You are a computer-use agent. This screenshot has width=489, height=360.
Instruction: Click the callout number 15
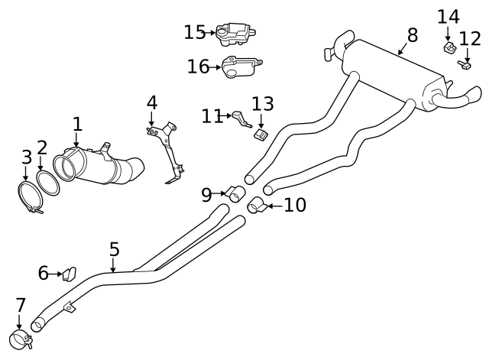[194, 32]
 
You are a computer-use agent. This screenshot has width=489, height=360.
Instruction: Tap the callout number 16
[198, 66]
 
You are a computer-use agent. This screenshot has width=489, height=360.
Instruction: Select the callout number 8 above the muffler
[413, 34]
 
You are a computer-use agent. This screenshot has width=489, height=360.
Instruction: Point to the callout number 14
[449, 16]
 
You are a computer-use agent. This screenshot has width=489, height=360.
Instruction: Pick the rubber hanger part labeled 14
[449, 49]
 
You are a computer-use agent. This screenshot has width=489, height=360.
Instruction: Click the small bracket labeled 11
[242, 118]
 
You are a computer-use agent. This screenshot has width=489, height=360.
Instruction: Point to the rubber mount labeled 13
[261, 135]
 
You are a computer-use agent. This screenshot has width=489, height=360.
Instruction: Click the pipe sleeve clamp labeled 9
[235, 195]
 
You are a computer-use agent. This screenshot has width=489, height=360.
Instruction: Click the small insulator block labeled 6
[70, 273]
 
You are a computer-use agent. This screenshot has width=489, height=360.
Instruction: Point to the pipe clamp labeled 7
[19, 339]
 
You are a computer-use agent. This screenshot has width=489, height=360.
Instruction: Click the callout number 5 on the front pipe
[114, 248]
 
